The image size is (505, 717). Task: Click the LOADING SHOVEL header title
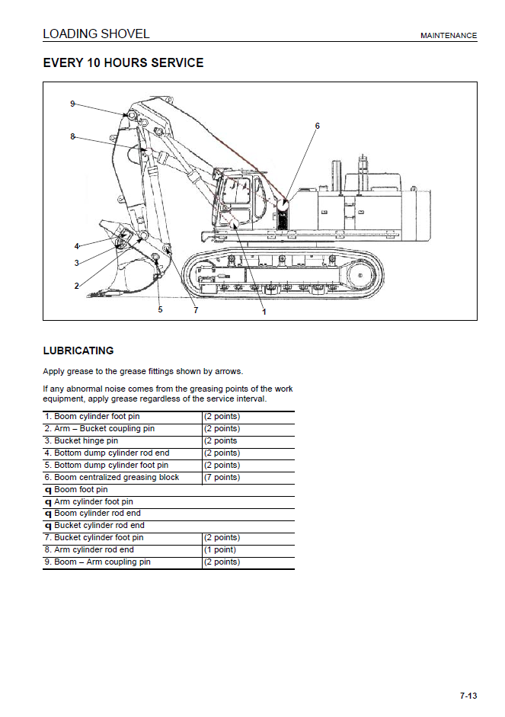[96, 34]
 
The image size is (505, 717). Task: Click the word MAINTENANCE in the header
[449, 36]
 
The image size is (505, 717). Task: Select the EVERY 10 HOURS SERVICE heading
[123, 63]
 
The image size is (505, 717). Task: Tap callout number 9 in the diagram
[72, 104]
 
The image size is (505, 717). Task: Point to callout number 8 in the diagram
[72, 137]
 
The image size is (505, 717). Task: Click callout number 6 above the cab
[317, 126]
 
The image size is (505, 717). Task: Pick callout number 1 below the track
[264, 311]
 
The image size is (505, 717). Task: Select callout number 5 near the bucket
[160, 309]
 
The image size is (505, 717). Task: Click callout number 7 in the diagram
[196, 309]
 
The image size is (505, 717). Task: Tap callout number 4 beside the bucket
[76, 246]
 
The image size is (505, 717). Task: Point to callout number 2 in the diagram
[76, 286]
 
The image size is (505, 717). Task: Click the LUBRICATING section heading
[78, 351]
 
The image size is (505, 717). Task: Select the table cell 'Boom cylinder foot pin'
[92, 417]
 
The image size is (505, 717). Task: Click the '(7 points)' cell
[222, 477]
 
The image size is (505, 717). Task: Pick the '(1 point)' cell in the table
[220, 549]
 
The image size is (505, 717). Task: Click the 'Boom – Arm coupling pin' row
[97, 562]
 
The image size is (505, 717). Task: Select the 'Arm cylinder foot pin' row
[93, 501]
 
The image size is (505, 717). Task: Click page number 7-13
[468, 695]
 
